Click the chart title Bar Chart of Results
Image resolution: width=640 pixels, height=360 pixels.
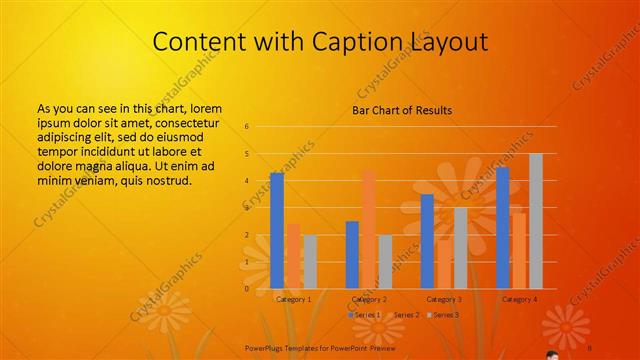point(402,110)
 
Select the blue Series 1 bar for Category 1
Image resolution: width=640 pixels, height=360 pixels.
point(277,230)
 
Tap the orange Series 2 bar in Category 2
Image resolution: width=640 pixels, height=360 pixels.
point(369,229)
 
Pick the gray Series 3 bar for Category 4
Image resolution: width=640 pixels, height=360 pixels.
point(536,221)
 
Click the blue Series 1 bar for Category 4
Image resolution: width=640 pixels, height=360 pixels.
point(502,228)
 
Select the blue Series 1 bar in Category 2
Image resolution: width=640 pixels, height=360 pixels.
point(352,255)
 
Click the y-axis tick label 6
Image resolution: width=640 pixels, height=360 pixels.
point(247,127)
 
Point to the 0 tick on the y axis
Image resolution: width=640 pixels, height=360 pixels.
point(247,289)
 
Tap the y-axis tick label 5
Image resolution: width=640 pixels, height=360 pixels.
point(247,154)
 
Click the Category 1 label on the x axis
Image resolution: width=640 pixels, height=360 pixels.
point(294,299)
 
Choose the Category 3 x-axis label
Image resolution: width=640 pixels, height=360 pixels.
point(444,299)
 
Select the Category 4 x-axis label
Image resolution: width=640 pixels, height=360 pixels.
point(519,299)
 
